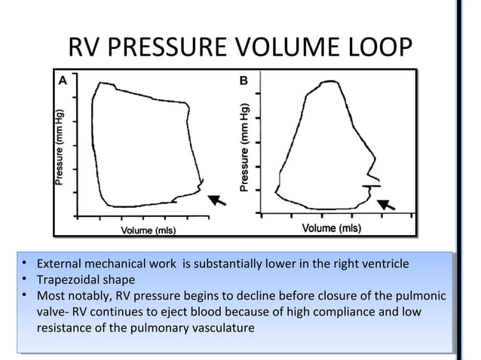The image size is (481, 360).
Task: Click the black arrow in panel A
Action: click(217, 199)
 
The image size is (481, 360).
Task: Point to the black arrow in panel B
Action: click(386, 203)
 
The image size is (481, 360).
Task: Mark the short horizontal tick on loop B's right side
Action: click(371, 185)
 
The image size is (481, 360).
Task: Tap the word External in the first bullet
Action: click(60, 264)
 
